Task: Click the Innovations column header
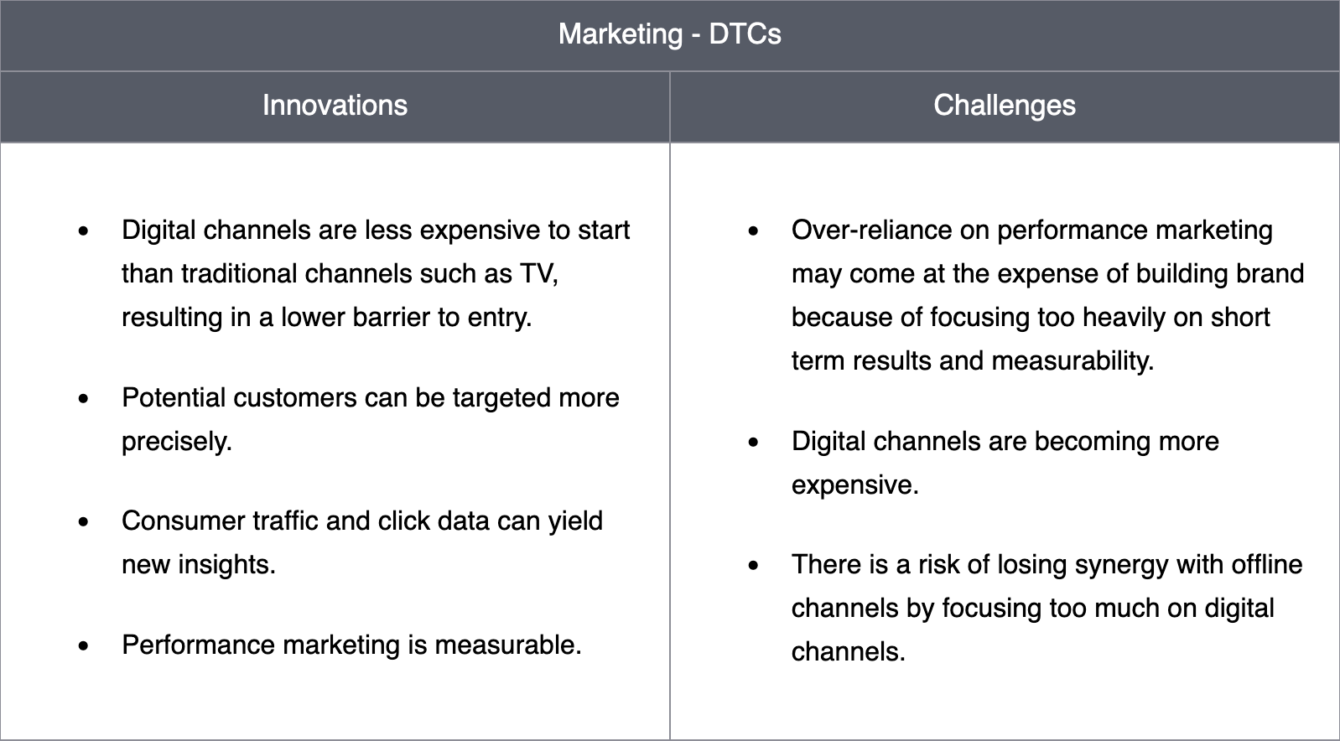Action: [x=335, y=106]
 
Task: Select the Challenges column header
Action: [x=1005, y=106]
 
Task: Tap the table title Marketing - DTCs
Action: [x=669, y=34]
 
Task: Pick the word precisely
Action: [x=176, y=443]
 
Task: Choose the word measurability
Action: [x=1073, y=361]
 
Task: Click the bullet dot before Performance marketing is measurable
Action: [x=83, y=645]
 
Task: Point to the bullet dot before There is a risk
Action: [x=753, y=565]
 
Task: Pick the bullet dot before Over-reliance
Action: [x=753, y=231]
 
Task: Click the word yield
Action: [x=575, y=521]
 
